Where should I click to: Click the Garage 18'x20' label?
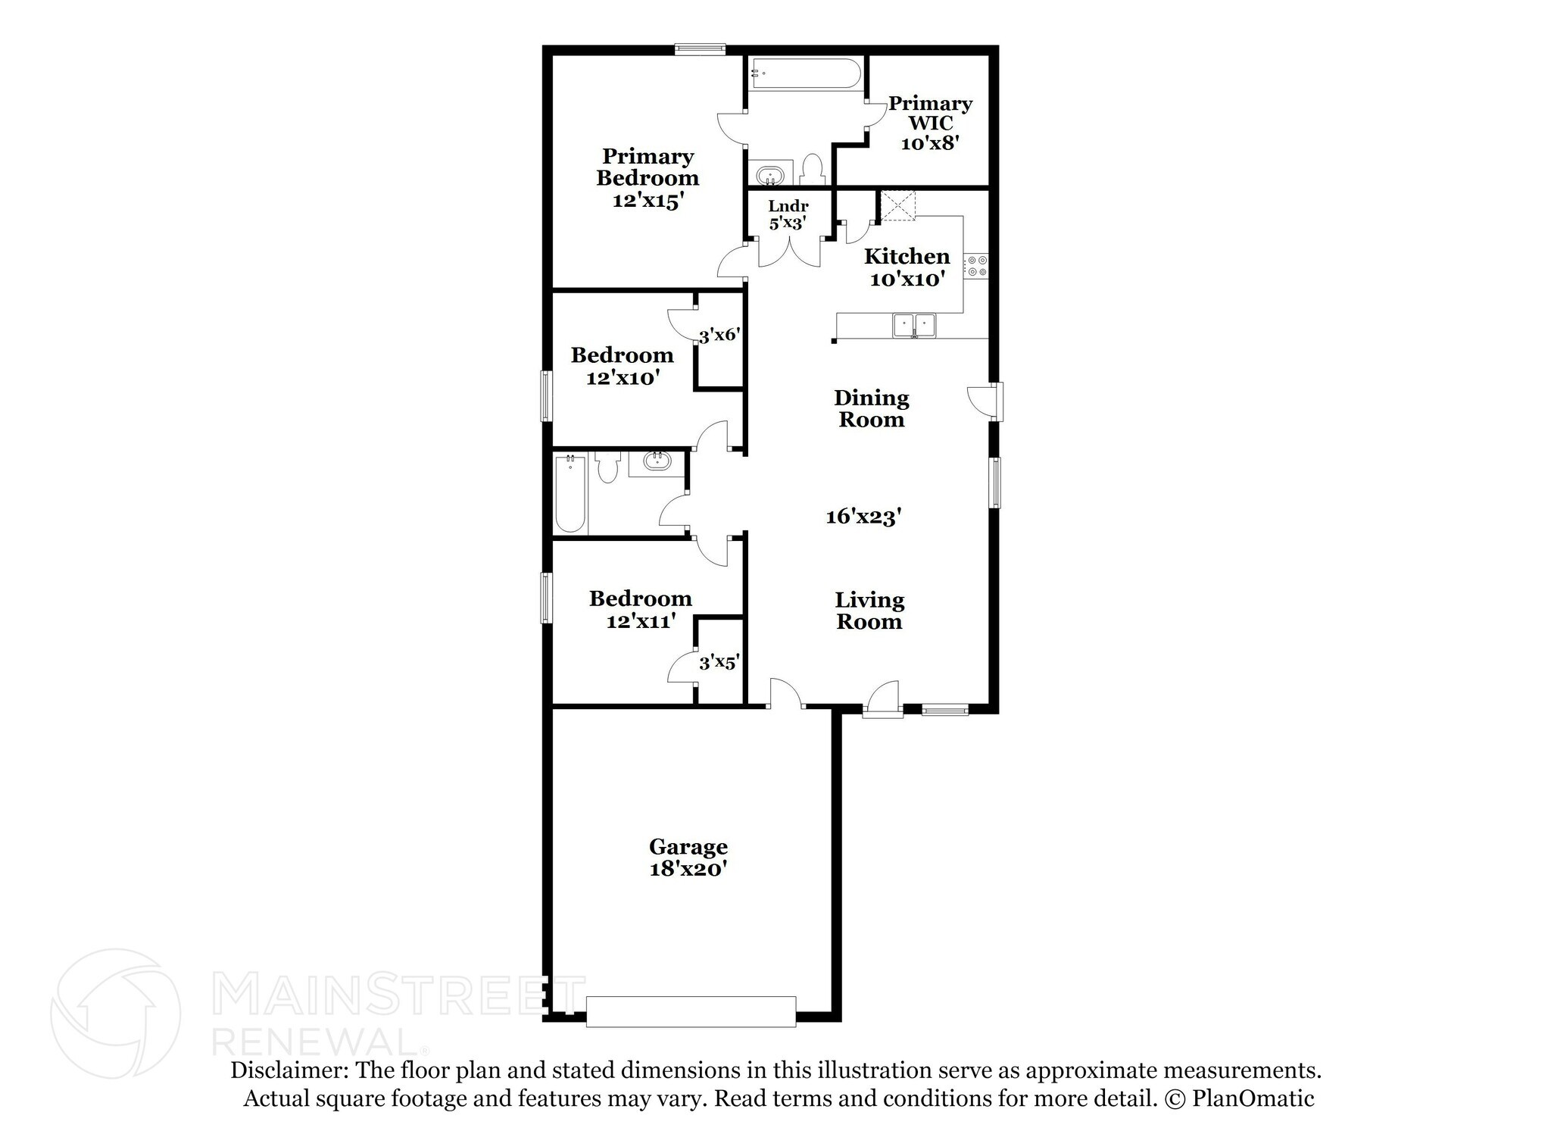pyautogui.click(x=688, y=858)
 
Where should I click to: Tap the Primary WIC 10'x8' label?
pyautogui.click(x=930, y=123)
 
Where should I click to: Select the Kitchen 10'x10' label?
pyautogui.click(x=907, y=267)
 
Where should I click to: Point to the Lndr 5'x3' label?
pyautogui.click(x=788, y=214)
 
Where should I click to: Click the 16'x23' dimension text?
pyautogui.click(x=863, y=517)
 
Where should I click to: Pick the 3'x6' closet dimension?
pyautogui.click(x=719, y=335)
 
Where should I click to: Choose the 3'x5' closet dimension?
pyautogui.click(x=719, y=663)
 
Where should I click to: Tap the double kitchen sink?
pyautogui.click(x=914, y=325)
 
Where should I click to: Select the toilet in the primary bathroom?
pyautogui.click(x=812, y=170)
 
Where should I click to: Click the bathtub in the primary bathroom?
pyautogui.click(x=805, y=74)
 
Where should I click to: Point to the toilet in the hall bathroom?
pyautogui.click(x=607, y=467)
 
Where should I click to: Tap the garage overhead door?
pyautogui.click(x=691, y=1011)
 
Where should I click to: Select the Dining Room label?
pyautogui.click(x=871, y=408)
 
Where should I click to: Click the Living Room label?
pyautogui.click(x=869, y=611)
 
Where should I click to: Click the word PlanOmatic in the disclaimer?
pyautogui.click(x=1253, y=1098)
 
